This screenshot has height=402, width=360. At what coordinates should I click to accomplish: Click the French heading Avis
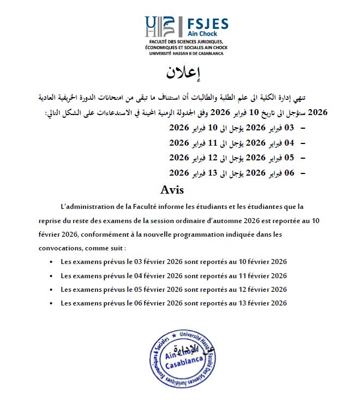[172, 190]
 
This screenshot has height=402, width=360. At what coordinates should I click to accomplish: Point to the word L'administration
[90, 207]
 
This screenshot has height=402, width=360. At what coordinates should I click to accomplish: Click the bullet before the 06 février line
[51, 303]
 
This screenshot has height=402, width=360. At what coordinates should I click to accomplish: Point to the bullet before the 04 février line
[51, 276]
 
